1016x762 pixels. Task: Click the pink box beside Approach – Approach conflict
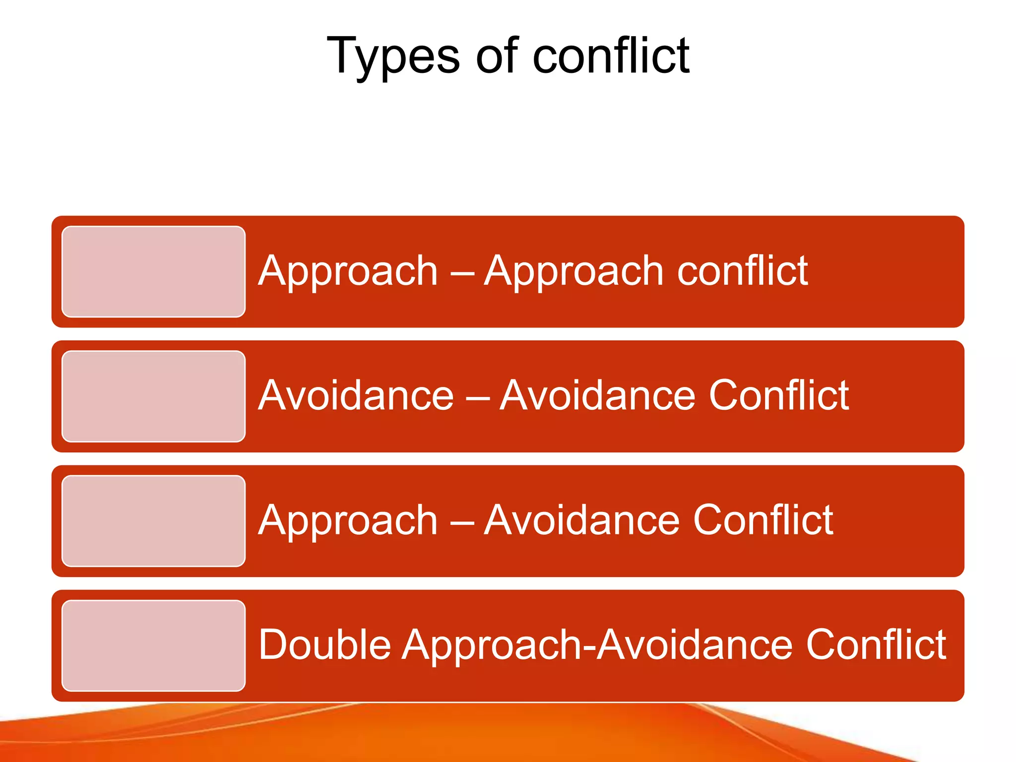(153, 271)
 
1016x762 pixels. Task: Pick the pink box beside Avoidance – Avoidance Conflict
(153, 396)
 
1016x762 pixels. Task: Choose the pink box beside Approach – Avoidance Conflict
(153, 521)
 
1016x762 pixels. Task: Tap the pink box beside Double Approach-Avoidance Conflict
(153, 645)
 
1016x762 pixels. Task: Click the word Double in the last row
(325, 644)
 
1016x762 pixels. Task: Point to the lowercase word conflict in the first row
(742, 271)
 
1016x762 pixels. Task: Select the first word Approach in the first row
(348, 272)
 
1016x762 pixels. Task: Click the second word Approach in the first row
(573, 272)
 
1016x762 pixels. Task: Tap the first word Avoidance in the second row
(356, 395)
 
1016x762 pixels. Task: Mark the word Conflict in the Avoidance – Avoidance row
(779, 395)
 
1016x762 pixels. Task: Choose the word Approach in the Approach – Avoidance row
(348, 521)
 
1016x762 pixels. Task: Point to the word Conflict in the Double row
(876, 644)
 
